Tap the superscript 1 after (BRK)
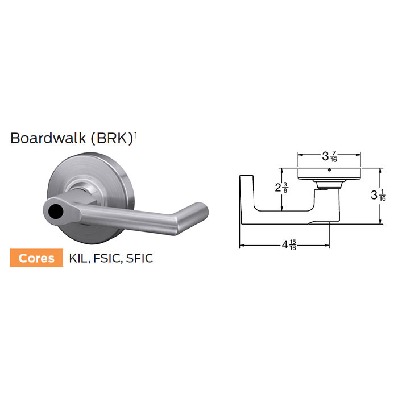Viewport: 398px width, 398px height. pos(135,135)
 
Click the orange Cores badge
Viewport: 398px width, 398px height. pos(38,258)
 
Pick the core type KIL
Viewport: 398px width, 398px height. pos(78,258)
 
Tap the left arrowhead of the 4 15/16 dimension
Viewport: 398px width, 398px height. pos(242,246)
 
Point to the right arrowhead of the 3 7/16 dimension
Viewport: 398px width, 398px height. pos(359,154)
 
